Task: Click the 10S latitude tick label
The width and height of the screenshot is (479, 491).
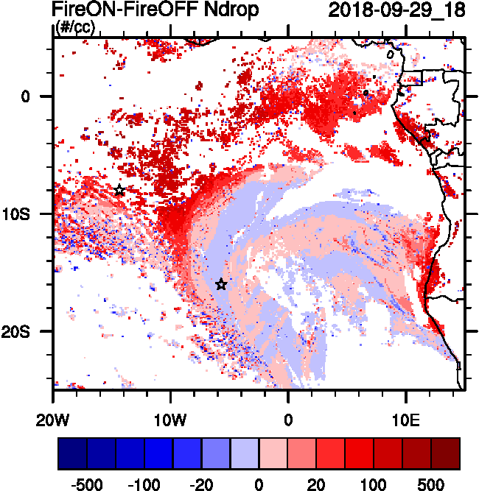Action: [29, 213]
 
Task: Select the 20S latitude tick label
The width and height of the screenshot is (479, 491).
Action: [29, 331]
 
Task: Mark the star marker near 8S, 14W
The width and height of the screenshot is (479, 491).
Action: [119, 190]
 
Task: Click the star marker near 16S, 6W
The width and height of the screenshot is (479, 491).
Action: [221, 284]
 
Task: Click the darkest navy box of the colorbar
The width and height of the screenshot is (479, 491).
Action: [72, 453]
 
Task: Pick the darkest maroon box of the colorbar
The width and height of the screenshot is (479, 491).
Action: [446, 453]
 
